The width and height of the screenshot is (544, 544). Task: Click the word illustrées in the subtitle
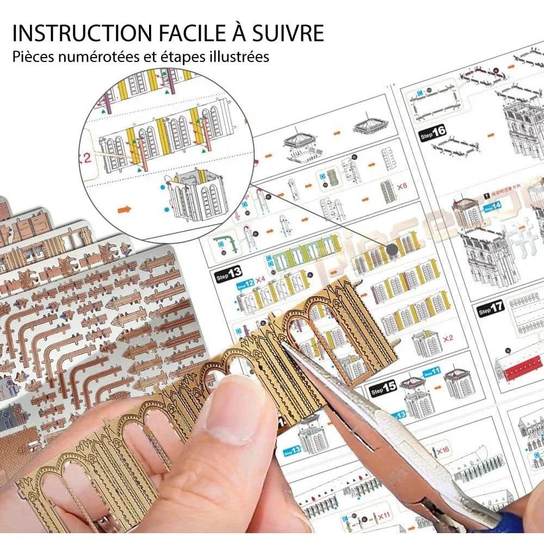click(239, 57)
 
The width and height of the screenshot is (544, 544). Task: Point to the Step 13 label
click(229, 272)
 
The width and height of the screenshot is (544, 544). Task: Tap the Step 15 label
click(383, 389)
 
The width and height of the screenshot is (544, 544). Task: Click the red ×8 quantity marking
click(402, 187)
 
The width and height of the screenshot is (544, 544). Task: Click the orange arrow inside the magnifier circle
click(125, 208)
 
